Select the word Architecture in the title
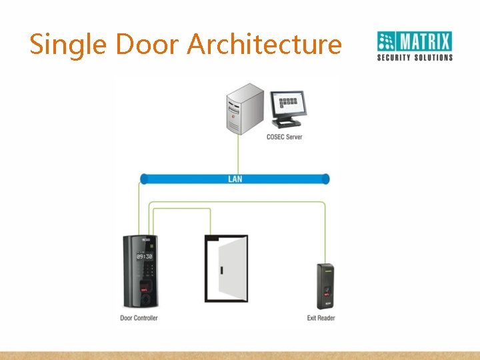pos(265,45)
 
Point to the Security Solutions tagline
pos(415,58)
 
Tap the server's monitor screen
pos(287,105)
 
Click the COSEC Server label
pos(284,137)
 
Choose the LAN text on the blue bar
pos(235,179)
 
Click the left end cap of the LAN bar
pos(144,179)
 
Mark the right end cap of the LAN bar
pos(325,179)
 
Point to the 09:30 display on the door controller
pos(145,256)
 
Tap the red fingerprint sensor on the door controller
pos(145,289)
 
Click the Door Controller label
pos(139,318)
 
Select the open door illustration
pos(226,268)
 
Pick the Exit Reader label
pos(321,318)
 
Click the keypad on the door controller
pos(145,271)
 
